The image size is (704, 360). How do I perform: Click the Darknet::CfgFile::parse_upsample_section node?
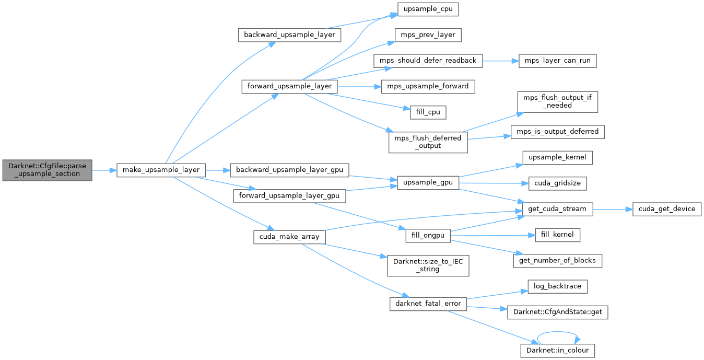pos(46,170)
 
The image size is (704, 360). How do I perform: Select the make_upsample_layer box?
pos(161,170)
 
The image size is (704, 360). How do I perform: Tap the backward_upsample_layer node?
pos(290,35)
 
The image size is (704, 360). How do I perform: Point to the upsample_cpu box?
pos(424,9)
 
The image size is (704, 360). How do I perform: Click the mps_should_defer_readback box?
pos(428,61)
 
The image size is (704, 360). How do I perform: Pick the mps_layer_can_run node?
pos(558,61)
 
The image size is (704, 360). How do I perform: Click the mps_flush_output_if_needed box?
pos(558,101)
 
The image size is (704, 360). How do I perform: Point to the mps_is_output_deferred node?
pos(558,132)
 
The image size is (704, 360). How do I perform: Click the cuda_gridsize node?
pos(558,183)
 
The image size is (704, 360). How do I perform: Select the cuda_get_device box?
pos(666,209)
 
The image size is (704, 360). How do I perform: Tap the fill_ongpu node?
pos(428,235)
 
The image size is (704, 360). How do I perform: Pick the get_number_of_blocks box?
pos(558,261)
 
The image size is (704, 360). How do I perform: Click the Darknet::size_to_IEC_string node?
pos(428,265)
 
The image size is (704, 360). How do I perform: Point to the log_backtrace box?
pos(558,286)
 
